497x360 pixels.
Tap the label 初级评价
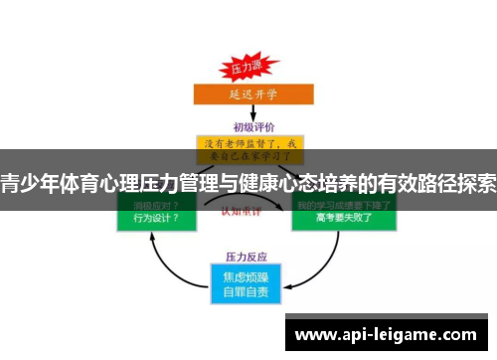point(248,126)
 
